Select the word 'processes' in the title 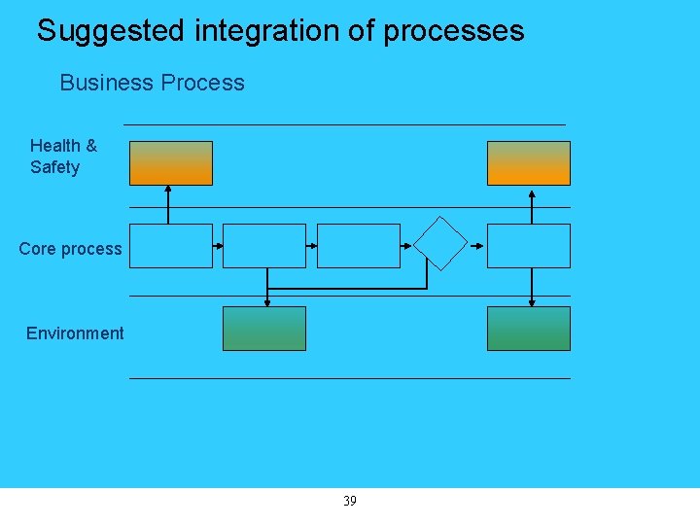(453, 31)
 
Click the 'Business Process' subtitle (152, 84)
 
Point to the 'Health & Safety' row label (63, 157)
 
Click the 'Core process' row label (70, 249)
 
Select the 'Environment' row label (75, 333)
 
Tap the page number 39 (350, 502)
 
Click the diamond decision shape (440, 243)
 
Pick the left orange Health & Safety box (171, 162)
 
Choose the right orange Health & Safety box (528, 162)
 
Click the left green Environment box (264, 329)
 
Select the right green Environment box (528, 329)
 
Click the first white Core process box (171, 246)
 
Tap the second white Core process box (264, 246)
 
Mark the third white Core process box (359, 246)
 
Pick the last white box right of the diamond (528, 246)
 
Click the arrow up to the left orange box (168, 204)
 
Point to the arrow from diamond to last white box (476, 246)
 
